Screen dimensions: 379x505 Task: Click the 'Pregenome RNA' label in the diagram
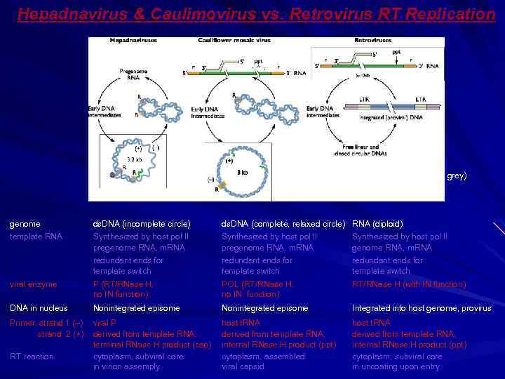tap(133, 74)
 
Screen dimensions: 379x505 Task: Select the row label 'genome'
tap(25, 224)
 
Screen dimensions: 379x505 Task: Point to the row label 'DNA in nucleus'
tap(38, 308)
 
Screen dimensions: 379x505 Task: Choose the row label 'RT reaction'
tap(32, 357)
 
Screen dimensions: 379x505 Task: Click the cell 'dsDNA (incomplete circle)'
tap(142, 224)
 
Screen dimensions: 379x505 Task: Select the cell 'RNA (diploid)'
tap(377, 224)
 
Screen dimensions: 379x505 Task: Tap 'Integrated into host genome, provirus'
tap(422, 308)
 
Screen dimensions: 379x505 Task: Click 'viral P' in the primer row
tap(105, 323)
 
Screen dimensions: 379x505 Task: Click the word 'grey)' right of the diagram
tap(457, 176)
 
